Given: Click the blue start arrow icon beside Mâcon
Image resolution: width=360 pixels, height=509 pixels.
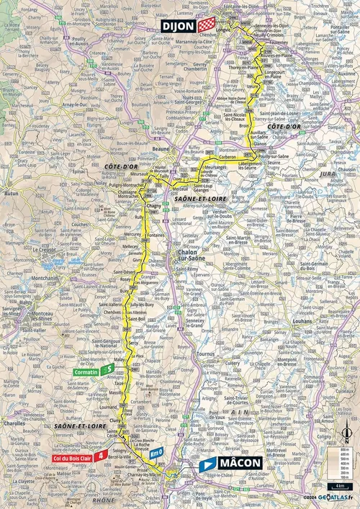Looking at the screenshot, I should point(207,464).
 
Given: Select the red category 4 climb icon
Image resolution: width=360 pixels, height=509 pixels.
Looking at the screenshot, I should point(105,455).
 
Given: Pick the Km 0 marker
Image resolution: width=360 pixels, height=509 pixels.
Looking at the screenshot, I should point(158,452).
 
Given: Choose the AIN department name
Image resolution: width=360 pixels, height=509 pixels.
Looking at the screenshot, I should point(243,412).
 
